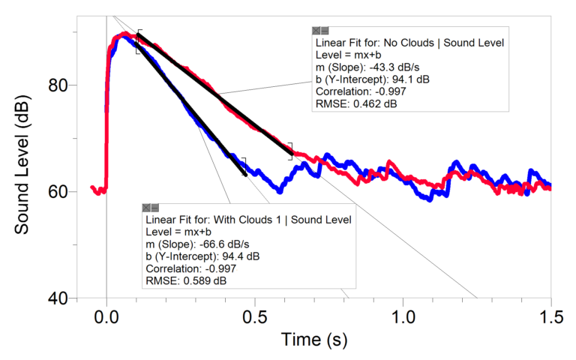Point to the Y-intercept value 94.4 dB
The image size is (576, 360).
pyautogui.click(x=235, y=256)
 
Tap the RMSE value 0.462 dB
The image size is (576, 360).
pyautogui.click(x=372, y=103)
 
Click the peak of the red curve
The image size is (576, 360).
pyautogui.click(x=124, y=34)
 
